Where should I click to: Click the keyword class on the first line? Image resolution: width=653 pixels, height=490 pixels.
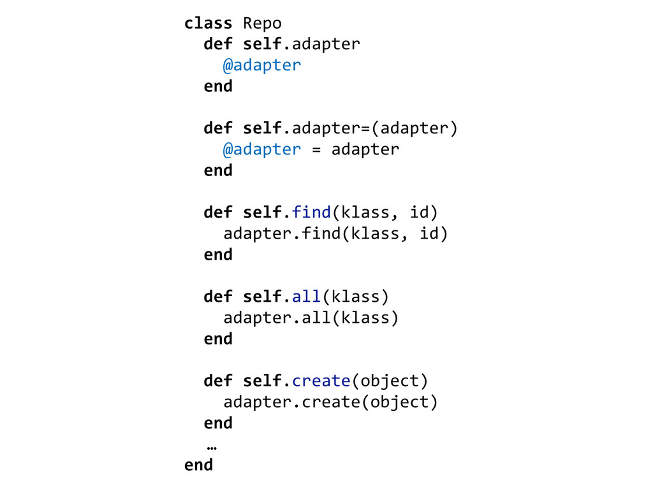[208, 24]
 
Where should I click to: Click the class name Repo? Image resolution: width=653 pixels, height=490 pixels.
[262, 24]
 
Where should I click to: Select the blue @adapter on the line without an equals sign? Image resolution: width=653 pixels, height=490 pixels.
[261, 65]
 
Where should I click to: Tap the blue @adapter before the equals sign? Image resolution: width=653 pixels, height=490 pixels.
[261, 149]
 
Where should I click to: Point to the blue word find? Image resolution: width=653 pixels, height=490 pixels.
[311, 212]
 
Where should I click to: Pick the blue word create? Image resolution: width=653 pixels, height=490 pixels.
[321, 381]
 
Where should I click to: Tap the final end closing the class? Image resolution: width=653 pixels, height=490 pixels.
[198, 465]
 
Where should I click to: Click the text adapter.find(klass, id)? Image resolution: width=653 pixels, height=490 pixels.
[335, 234]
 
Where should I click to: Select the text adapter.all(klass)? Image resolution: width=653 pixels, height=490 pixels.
[311, 318]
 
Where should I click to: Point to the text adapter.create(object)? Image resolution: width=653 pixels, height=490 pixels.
[330, 402]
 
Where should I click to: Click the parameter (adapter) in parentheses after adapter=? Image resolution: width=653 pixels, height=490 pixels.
[415, 128]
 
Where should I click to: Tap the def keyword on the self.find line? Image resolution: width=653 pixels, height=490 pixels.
[217, 212]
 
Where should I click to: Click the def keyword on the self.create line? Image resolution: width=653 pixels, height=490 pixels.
[217, 381]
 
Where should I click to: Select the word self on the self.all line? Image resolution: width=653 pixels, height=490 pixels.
[262, 296]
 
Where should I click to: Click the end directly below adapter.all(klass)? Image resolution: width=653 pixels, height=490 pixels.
[218, 339]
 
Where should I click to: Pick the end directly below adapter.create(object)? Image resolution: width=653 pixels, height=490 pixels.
[218, 423]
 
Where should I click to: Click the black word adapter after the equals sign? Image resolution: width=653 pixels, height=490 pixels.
[365, 149]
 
